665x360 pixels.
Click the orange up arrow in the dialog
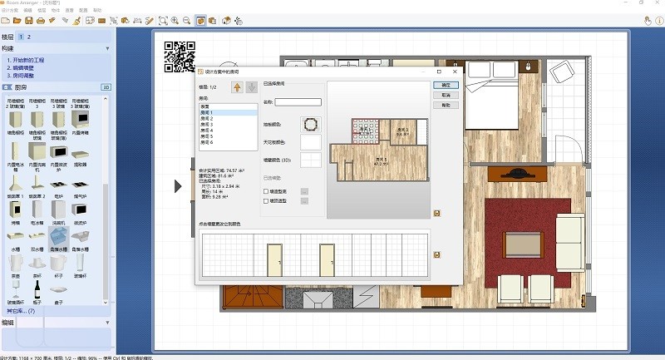(237, 86)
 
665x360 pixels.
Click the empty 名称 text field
(298, 102)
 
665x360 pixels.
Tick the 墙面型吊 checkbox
(266, 191)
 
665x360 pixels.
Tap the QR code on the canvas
(179, 57)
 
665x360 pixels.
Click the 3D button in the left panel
(106, 86)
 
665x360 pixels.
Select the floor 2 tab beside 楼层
(30, 37)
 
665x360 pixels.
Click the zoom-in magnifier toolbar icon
(175, 19)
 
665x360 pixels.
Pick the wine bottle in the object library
(36, 288)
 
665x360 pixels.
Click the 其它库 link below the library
(22, 310)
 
